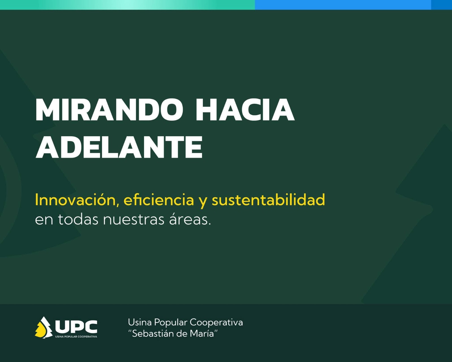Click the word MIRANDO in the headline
coord(109,109)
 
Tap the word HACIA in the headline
coord(245,109)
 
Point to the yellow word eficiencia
coord(159,200)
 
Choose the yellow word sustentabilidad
coord(268,200)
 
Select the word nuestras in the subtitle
coord(134,220)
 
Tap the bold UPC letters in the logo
coord(76,327)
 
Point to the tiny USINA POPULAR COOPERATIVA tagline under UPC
coord(76,337)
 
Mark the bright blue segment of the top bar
coord(343,5)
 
